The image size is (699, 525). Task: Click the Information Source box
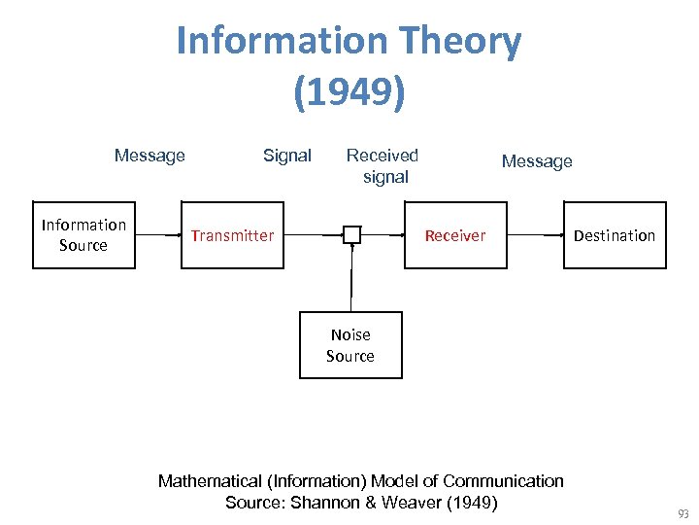click(83, 235)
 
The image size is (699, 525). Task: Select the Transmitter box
click(232, 235)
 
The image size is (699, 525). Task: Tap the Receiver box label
click(454, 235)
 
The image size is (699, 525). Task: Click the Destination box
click(615, 235)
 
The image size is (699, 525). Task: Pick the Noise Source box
click(349, 345)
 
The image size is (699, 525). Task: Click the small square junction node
click(351, 235)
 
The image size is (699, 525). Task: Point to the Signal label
click(287, 156)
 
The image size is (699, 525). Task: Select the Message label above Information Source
click(150, 156)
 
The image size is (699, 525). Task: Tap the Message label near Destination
click(537, 161)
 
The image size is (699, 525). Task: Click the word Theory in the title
click(456, 41)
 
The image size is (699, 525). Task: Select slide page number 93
click(683, 513)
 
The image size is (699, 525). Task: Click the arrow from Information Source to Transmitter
click(157, 235)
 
